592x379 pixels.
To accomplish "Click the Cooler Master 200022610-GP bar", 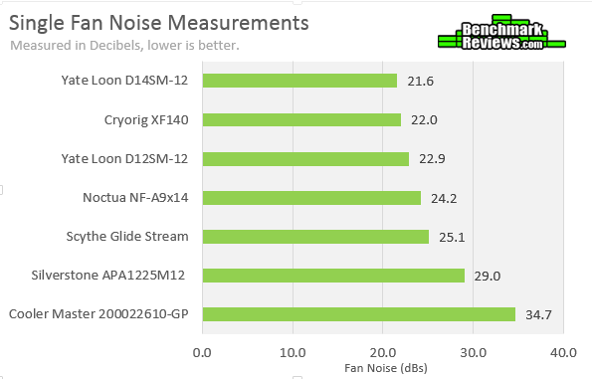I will pos(358,314).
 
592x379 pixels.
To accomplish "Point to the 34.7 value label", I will pos(539,314).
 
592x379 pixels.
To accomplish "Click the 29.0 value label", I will pos(488,276).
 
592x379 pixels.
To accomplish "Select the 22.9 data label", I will pos(432,158).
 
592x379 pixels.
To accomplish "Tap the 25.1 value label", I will pos(452,237).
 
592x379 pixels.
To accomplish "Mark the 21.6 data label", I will pos(420,81).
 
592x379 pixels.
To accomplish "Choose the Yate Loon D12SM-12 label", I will pos(124,158).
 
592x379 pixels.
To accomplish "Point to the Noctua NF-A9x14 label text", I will pos(135,197).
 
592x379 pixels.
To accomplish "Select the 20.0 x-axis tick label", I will pos(382,351).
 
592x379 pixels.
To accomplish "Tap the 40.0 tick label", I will pos(563,351).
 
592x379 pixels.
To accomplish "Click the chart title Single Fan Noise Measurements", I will pos(159,22).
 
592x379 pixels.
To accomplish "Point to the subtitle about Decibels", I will pos(124,45).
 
